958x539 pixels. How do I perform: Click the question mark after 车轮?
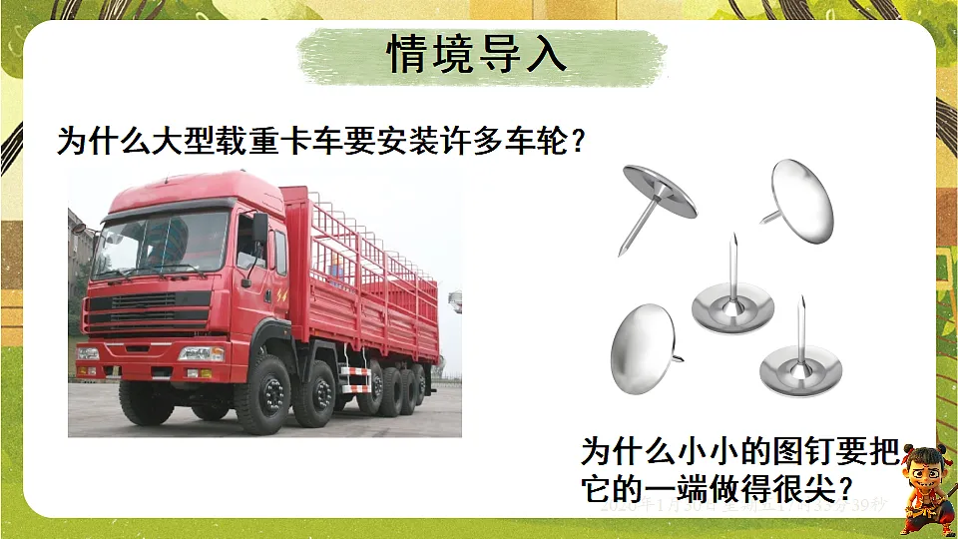[x=576, y=143]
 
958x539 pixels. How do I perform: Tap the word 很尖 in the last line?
[x=804, y=488]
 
